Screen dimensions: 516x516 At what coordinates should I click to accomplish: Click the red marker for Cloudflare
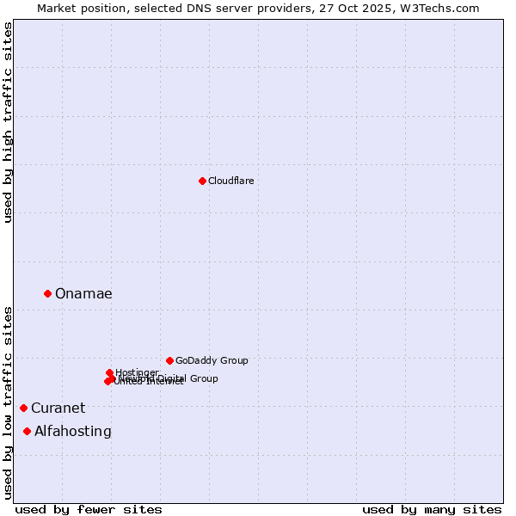[202, 181]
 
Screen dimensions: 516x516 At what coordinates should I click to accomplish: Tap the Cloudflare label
[230, 181]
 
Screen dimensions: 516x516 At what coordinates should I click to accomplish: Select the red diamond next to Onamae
[47, 293]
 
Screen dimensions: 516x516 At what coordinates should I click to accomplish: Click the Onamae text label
[83, 294]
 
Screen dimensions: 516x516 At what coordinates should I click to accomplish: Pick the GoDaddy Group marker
[169, 360]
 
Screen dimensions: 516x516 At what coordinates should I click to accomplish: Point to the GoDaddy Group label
[212, 360]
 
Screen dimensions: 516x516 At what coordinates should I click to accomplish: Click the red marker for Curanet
[23, 408]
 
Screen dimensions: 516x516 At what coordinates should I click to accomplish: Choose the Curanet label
[58, 408]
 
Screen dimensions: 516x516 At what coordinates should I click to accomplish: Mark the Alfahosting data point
[28, 431]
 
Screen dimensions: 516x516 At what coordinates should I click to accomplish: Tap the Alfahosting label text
[73, 432]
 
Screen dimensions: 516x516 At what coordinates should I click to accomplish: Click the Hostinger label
[137, 372]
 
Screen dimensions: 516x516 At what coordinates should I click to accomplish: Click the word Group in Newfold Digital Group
[202, 378]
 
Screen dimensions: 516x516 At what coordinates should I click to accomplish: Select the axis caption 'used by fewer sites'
[89, 509]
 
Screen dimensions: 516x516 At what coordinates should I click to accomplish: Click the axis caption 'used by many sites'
[432, 509]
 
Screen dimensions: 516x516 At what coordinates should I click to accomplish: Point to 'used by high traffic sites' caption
[9, 122]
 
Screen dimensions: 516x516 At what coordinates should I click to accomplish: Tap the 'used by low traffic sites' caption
[9, 402]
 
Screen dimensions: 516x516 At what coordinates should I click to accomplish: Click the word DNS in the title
[214, 8]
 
